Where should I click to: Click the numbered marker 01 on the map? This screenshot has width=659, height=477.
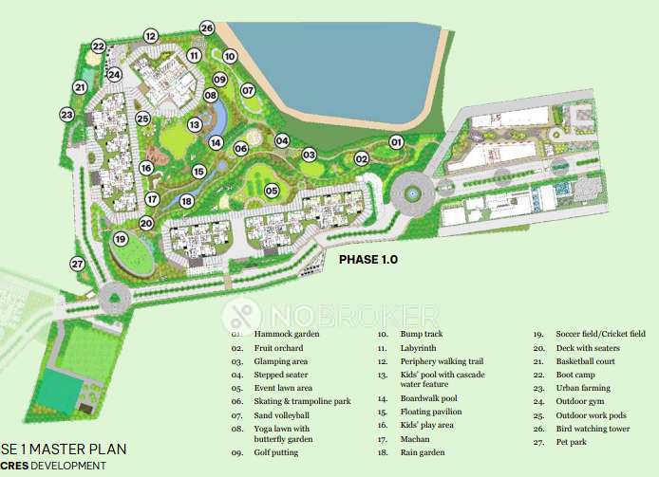click(x=396, y=142)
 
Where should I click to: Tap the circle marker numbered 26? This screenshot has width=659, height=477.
click(x=207, y=28)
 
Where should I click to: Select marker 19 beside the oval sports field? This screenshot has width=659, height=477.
click(x=120, y=238)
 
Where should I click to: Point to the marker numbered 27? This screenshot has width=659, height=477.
click(x=78, y=264)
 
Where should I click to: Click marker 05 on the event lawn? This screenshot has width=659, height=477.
click(x=272, y=191)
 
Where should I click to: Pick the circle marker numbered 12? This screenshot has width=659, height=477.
click(x=150, y=36)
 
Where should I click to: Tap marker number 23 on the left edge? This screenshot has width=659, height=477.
click(x=66, y=115)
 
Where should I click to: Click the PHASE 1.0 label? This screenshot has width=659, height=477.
click(x=368, y=258)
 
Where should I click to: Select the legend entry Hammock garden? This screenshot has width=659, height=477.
click(x=287, y=335)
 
